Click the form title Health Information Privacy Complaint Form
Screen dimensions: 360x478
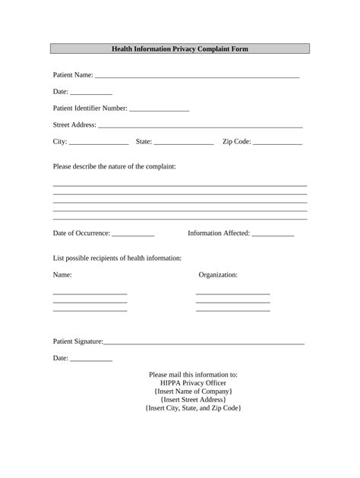coord(180,49)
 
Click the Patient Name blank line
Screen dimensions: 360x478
coord(197,76)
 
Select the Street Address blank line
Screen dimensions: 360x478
coord(201,125)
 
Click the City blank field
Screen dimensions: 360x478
coord(99,143)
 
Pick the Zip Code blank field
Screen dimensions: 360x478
coord(277,143)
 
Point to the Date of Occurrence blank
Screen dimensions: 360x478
coord(133,234)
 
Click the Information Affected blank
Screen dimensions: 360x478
coord(273,234)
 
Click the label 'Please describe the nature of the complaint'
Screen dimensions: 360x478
coord(114,166)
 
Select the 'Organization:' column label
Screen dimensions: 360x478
coord(218,275)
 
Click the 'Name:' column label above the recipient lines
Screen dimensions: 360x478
coord(62,275)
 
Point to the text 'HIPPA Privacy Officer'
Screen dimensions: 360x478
coord(193,383)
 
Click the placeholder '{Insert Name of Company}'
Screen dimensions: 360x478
coord(193,392)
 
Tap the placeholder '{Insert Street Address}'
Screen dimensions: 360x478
coord(193,400)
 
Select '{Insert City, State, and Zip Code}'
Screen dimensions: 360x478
coord(193,408)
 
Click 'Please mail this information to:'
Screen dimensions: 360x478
coord(193,375)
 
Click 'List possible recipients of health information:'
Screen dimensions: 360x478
coord(117,258)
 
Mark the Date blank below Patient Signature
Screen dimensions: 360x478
coord(90,359)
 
